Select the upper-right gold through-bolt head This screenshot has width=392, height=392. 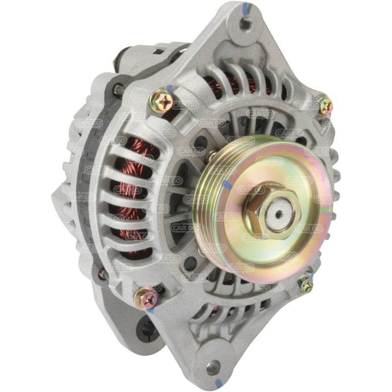pos(324,105)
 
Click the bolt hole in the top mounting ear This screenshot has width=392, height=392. pos(245,22)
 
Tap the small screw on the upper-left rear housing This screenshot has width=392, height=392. pos(118,90)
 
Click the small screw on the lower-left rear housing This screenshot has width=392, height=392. pos(102,274)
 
